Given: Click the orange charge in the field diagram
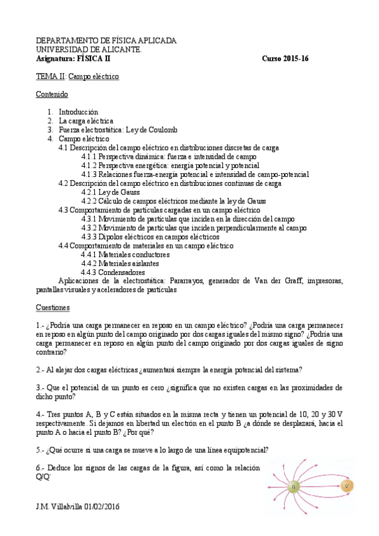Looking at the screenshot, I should coord(346,485).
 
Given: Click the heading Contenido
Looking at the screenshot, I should coord(52,94).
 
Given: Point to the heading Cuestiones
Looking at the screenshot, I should coord(53,307).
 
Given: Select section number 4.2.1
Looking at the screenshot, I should coord(89,192).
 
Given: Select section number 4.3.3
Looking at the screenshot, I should coord(89,236).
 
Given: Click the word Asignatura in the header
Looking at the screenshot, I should coord(54,58).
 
